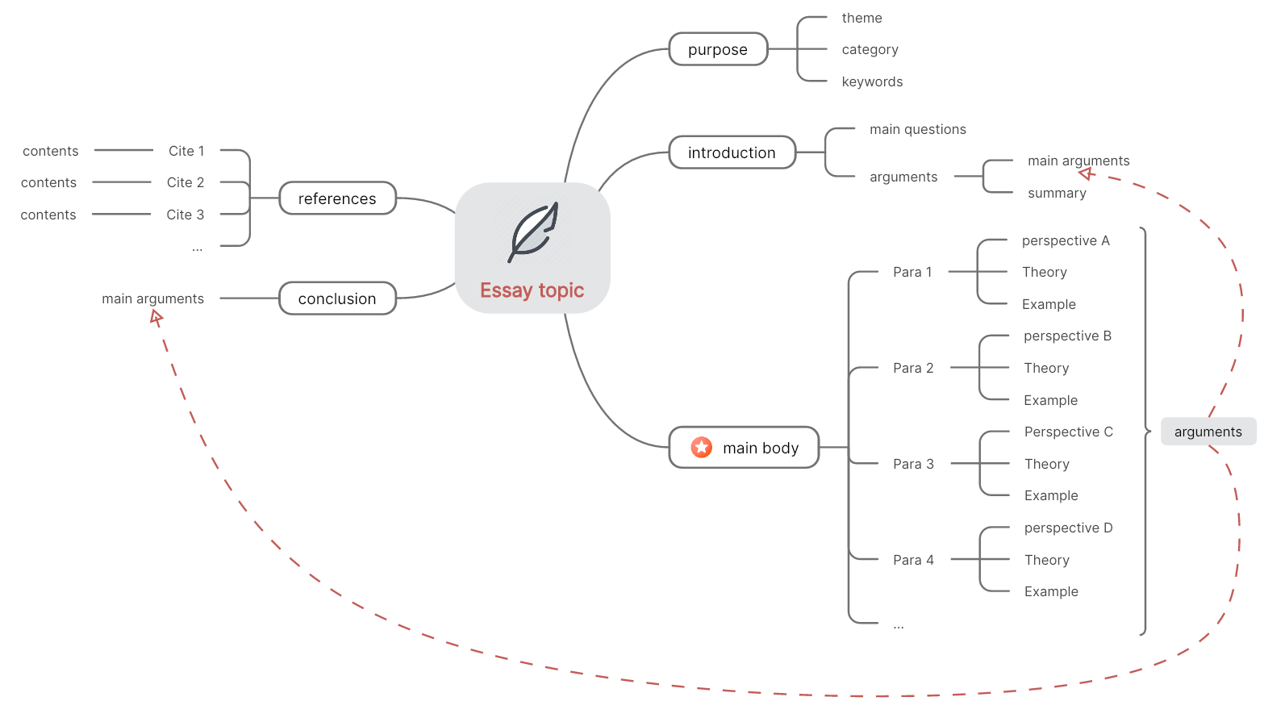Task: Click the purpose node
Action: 718,49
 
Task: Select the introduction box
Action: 732,152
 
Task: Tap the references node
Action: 337,198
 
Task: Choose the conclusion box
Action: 337,298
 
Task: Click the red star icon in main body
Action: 702,447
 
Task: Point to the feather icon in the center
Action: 533,232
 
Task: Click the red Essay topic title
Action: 532,290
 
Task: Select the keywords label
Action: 872,81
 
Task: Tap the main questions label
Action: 917,129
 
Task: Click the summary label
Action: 1057,193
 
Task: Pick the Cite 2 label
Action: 185,182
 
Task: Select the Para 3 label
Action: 913,464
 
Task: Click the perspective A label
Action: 1066,241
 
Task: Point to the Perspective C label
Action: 1068,432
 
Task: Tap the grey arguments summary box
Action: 1208,432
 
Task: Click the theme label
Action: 861,18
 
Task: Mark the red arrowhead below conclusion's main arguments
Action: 156,318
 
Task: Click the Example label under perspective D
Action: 1051,591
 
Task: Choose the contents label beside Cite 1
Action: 50,151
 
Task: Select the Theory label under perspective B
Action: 1046,368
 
